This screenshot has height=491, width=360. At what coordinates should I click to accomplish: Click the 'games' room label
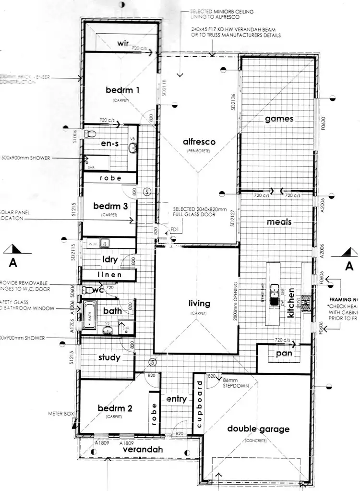pos(279,119)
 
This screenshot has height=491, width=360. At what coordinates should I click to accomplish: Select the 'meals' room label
pos(279,222)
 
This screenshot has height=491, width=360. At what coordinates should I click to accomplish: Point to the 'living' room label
pos(199,303)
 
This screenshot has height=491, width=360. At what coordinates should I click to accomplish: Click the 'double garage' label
pos(258,429)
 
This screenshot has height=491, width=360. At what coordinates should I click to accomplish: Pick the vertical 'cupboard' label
pos(199,402)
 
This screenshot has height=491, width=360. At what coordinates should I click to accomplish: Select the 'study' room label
pos(109,357)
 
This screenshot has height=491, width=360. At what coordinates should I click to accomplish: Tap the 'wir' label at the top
pos(123,44)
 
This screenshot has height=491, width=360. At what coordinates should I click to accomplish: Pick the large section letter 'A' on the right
pos(349,265)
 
